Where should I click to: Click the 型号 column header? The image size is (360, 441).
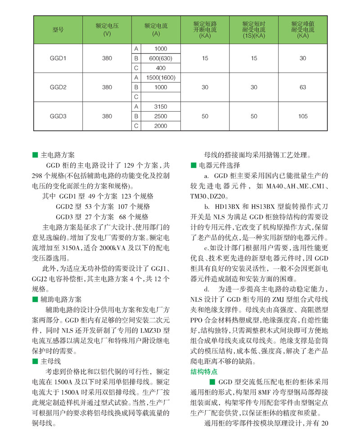(x=58, y=30)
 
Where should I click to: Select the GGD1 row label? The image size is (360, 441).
(x=58, y=58)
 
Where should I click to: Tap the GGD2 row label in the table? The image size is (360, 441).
(x=58, y=87)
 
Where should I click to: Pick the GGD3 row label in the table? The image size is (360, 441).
(x=58, y=116)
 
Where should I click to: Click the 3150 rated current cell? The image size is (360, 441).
(x=161, y=107)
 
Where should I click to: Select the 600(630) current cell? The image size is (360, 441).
(x=161, y=58)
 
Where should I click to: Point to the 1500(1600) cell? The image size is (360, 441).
(x=161, y=77)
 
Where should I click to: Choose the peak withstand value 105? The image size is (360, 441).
(x=303, y=116)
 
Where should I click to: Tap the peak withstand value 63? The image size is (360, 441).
(x=303, y=87)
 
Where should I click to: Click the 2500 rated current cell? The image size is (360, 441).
(x=161, y=116)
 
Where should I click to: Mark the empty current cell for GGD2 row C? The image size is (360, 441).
(x=161, y=97)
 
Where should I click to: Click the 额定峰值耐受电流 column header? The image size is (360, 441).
(x=303, y=30)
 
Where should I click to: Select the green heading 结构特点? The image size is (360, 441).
(x=204, y=372)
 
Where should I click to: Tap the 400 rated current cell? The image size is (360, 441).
(x=161, y=68)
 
